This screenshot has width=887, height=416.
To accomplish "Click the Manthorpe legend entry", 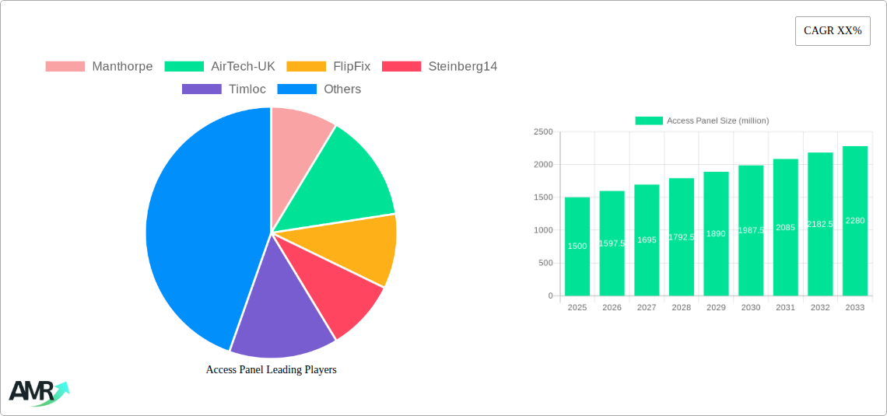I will [99, 66].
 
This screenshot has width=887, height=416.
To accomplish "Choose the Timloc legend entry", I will [224, 89].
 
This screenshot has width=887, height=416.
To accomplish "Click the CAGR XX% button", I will [833, 31].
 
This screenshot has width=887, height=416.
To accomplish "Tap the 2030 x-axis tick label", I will [751, 307].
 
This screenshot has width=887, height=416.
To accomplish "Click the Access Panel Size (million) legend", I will [702, 121].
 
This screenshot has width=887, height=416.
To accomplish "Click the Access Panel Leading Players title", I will [271, 369].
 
